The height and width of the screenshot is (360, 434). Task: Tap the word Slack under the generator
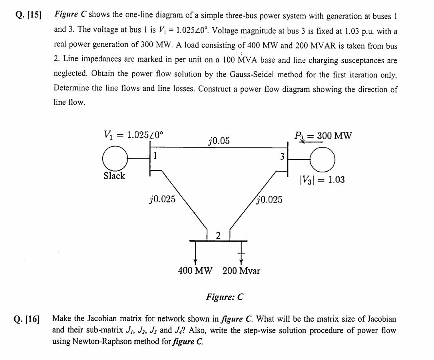tap(114, 176)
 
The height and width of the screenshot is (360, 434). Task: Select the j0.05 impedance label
tap(219, 140)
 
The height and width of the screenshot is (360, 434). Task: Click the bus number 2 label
tap(218, 236)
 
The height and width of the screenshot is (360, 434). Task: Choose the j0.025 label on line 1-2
tap(162, 199)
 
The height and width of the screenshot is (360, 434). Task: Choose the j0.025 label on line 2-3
tap(269, 199)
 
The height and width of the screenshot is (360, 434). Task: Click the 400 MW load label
tap(195, 271)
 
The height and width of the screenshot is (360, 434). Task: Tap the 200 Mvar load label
tap(241, 271)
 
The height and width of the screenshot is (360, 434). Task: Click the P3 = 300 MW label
tap(323, 136)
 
